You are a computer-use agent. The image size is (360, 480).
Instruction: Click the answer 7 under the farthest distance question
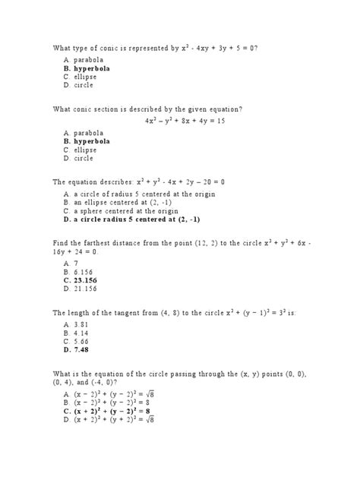click(76, 261)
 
